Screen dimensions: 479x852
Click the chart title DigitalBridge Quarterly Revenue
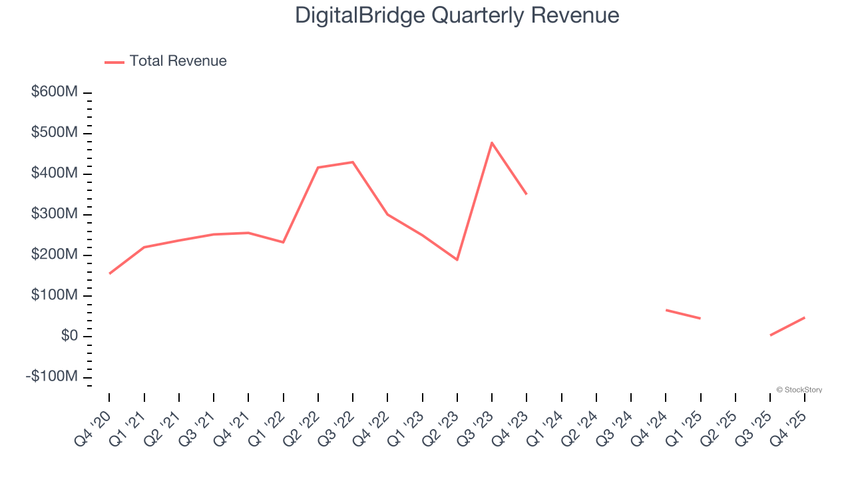pyautogui.click(x=457, y=15)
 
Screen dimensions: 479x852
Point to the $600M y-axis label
pyautogui.click(x=55, y=92)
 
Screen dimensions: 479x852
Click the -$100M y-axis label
pyautogui.click(x=51, y=377)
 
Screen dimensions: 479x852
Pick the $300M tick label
pyautogui.click(x=55, y=214)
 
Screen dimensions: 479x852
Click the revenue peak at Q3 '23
pyautogui.click(x=492, y=143)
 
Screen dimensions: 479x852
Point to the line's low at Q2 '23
pyautogui.click(x=457, y=259)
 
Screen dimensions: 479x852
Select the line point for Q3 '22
pyautogui.click(x=353, y=162)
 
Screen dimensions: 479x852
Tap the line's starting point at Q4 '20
pyautogui.click(x=109, y=273)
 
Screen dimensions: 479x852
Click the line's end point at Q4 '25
pyautogui.click(x=805, y=317)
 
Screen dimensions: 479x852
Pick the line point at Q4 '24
pyautogui.click(x=666, y=310)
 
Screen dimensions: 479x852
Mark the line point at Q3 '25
pyautogui.click(x=770, y=335)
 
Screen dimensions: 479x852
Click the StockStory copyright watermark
pyautogui.click(x=799, y=390)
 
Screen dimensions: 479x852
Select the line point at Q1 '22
pyautogui.click(x=284, y=242)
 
